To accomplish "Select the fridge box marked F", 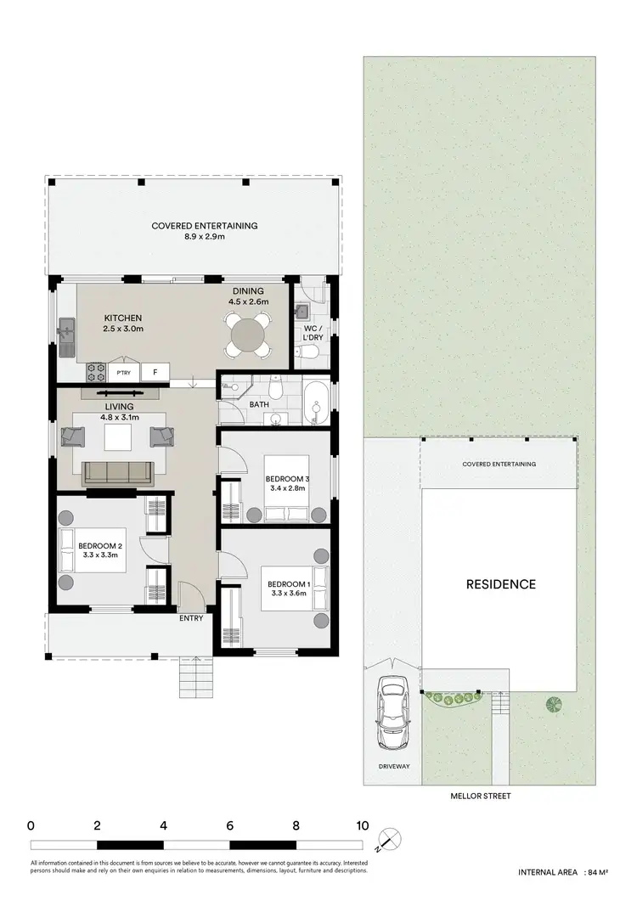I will coord(155,372).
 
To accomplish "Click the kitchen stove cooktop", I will coord(93,371).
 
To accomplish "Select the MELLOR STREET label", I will coord(482,797).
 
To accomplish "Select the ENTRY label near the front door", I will coord(191,618).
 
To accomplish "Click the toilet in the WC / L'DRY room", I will coord(312,352).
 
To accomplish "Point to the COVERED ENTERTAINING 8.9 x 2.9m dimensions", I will coord(204,238).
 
